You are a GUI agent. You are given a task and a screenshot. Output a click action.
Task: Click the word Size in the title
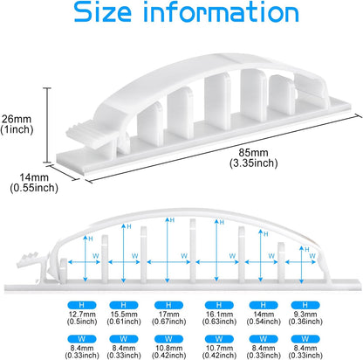click(x=102, y=11)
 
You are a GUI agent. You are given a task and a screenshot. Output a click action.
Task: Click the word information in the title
click(x=222, y=11)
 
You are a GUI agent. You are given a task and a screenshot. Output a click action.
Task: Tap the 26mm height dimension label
click(x=17, y=119)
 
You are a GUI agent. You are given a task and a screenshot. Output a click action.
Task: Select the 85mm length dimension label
click(x=253, y=152)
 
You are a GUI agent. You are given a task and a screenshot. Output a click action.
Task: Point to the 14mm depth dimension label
click(x=34, y=177)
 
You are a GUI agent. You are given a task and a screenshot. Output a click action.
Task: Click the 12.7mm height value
click(x=82, y=315)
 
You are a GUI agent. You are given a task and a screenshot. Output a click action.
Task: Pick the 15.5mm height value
click(x=124, y=315)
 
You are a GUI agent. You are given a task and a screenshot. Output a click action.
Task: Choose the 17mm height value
click(x=168, y=315)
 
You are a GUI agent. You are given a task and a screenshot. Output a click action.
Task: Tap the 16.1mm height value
click(x=219, y=315)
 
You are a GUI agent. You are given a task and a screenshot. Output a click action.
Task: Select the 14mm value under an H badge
click(x=264, y=315)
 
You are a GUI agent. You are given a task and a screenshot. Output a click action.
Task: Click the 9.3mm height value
click(x=305, y=315)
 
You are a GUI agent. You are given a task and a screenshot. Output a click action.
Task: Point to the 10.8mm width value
click(x=168, y=348)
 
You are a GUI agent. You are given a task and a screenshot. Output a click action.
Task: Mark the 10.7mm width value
click(x=219, y=348)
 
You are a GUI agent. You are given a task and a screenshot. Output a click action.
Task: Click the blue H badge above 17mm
click(x=168, y=305)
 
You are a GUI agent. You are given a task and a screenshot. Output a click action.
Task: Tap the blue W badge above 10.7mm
click(x=219, y=339)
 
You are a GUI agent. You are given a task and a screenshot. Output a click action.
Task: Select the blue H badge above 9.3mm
click(x=305, y=305)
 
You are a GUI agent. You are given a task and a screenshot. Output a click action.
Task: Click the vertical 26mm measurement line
click(x=49, y=125)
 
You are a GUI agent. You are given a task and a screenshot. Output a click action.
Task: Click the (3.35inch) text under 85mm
click(x=254, y=163)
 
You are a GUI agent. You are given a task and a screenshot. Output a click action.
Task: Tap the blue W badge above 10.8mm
click(x=168, y=339)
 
